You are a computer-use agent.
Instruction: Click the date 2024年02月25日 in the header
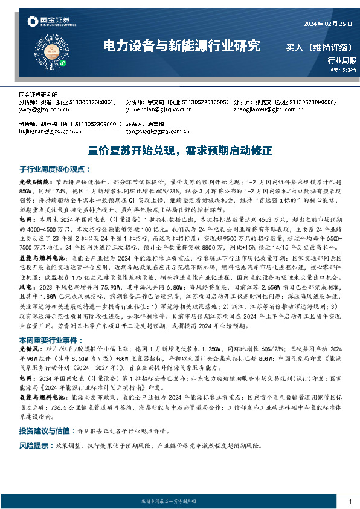pyautogui.click(x=327, y=24)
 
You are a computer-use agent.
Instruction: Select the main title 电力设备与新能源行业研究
pyautogui.click(x=181, y=45)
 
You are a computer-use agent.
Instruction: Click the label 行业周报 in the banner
pyautogui.click(x=342, y=60)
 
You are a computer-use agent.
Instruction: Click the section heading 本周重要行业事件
pyautogui.click(x=51, y=340)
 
